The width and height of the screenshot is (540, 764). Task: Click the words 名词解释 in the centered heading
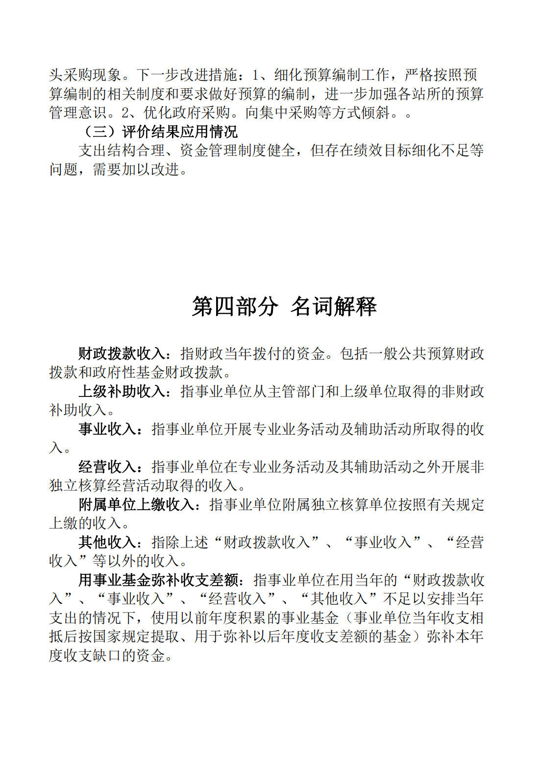[334, 307]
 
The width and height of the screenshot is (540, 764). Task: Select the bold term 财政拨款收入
[122, 353]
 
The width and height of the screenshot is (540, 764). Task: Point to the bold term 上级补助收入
[122, 391]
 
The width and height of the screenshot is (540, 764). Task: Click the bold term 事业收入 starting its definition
[107, 429]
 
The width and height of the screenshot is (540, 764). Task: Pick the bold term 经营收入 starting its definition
[107, 467]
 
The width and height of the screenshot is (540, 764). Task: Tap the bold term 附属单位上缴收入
[137, 504]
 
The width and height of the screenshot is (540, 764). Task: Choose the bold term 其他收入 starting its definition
[107, 542]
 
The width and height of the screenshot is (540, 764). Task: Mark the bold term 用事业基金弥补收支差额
[158, 580]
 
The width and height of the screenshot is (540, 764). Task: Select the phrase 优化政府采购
[187, 113]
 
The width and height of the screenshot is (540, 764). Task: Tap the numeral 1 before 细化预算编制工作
[255, 75]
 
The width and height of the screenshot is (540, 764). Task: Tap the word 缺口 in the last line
[122, 655]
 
